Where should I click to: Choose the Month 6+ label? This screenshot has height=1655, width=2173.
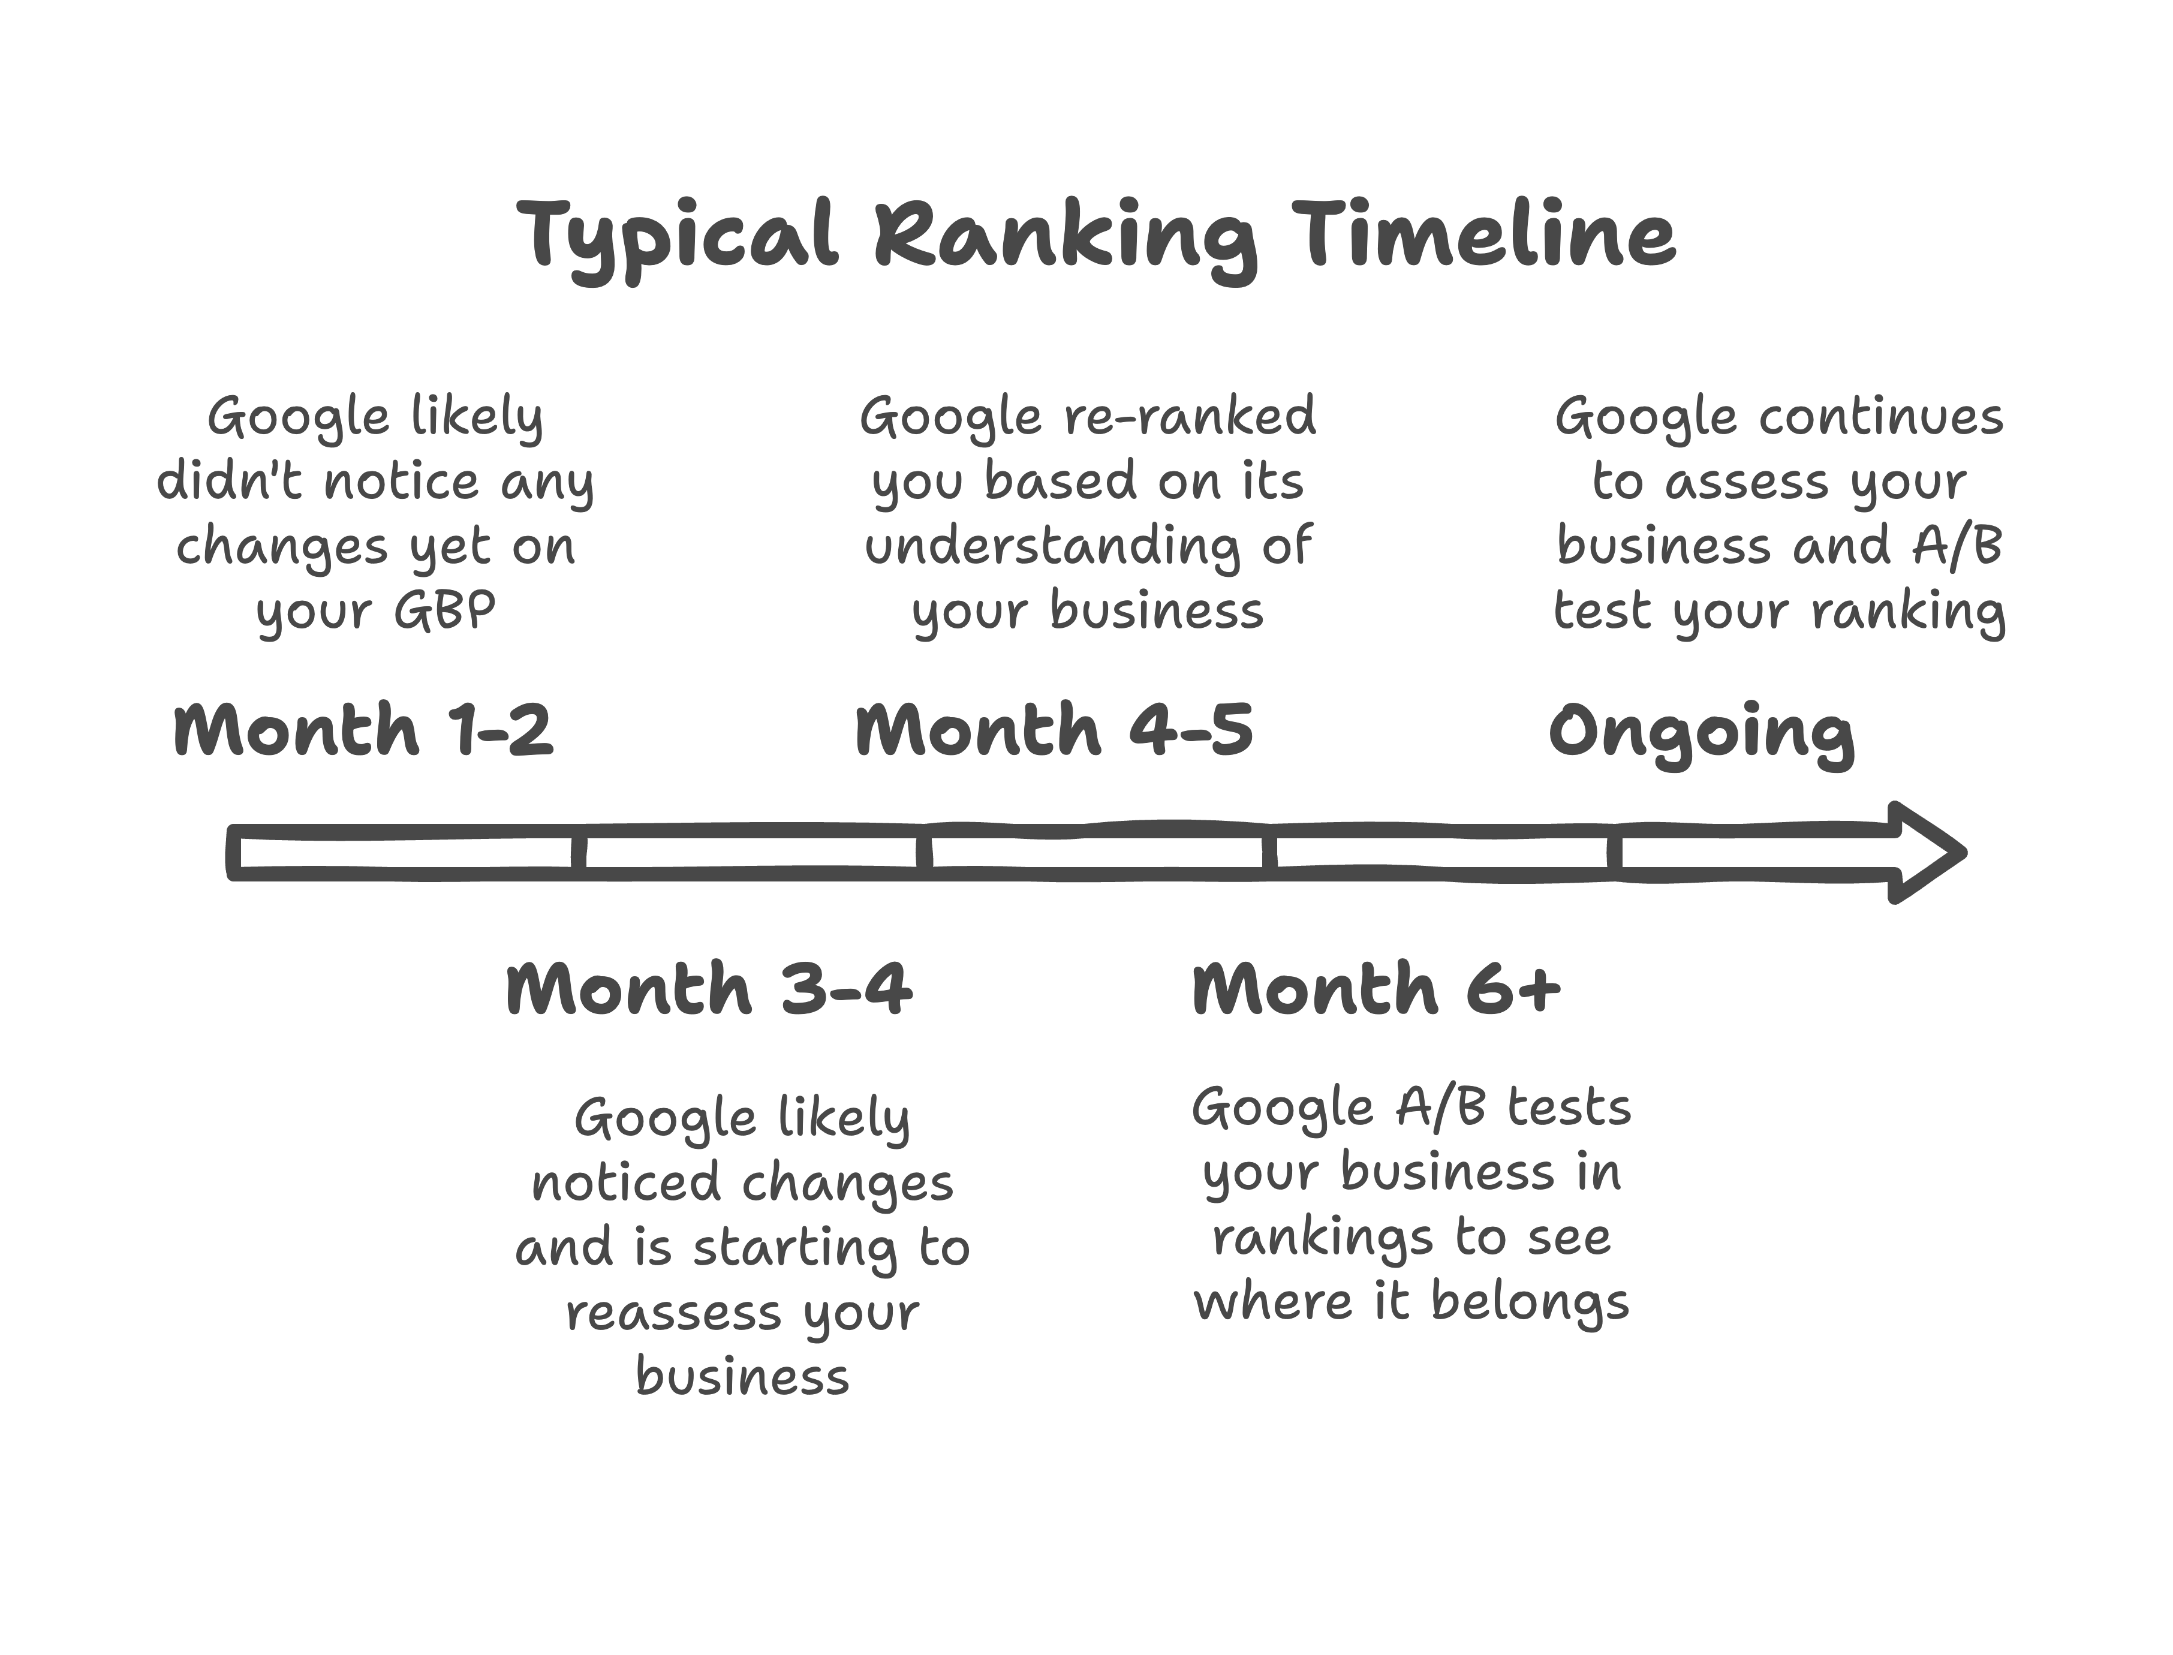pyautogui.click(x=1376, y=988)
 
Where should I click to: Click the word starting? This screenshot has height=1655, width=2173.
pyautogui.click(x=796, y=1249)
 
